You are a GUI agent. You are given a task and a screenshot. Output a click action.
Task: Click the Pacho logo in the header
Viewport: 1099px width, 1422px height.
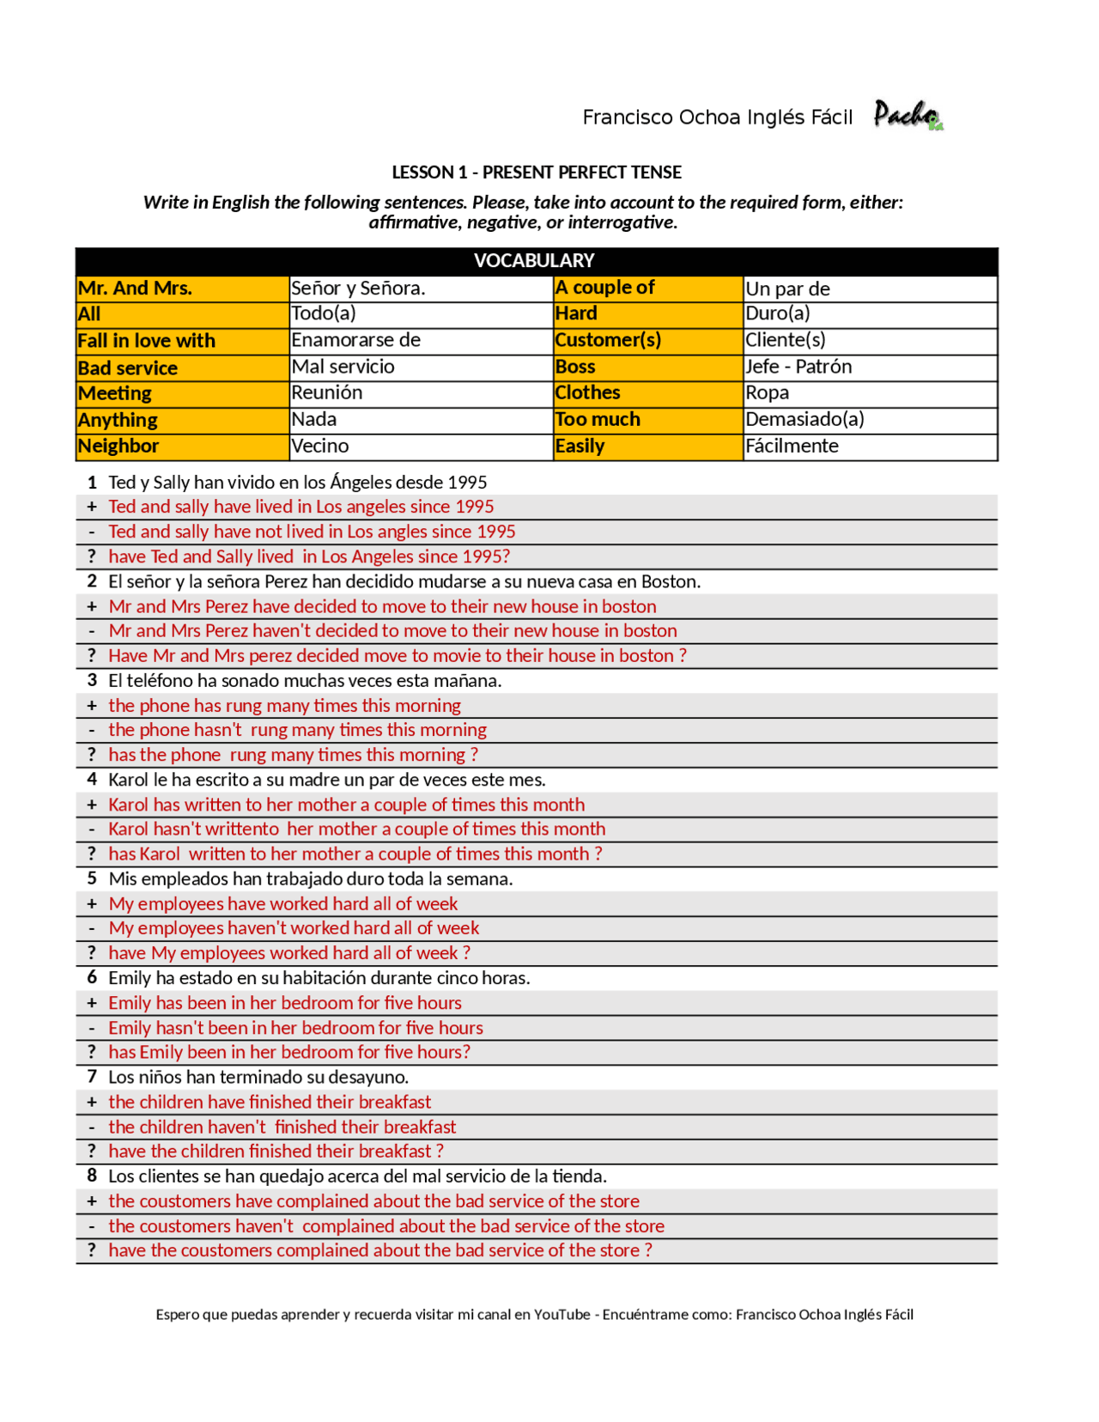coord(908,115)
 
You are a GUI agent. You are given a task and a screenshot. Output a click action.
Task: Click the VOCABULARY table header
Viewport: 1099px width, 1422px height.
coord(534,261)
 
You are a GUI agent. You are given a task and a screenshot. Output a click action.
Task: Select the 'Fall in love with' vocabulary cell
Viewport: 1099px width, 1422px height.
coord(182,341)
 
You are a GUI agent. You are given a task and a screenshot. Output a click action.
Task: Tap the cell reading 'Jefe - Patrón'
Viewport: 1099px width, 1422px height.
coord(869,367)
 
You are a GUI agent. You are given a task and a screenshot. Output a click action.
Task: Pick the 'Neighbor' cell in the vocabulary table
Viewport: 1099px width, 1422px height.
coord(182,447)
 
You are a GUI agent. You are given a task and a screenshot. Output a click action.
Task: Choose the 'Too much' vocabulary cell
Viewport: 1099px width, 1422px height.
coord(647,420)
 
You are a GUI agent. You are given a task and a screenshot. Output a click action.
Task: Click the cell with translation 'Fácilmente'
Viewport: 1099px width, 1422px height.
coord(869,447)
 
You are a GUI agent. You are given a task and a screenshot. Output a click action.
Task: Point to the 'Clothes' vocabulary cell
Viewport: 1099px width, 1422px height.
coord(647,393)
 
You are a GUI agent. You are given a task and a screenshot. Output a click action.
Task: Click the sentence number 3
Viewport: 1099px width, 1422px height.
coord(92,681)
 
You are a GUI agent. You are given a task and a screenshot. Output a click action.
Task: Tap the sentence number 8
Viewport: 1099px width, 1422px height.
coord(92,1176)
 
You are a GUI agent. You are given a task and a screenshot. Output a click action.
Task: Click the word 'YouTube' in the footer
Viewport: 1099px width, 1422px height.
coord(562,1315)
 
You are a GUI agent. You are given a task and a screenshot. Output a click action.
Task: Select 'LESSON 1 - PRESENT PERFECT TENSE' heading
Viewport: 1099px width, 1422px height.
coord(537,173)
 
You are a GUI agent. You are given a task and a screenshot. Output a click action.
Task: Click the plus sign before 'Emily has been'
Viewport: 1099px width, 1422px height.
coord(92,1003)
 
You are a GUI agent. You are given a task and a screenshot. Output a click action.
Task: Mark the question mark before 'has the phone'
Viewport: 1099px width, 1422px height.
coord(92,755)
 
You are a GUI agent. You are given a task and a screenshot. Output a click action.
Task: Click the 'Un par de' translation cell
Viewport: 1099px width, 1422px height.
coord(869,289)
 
